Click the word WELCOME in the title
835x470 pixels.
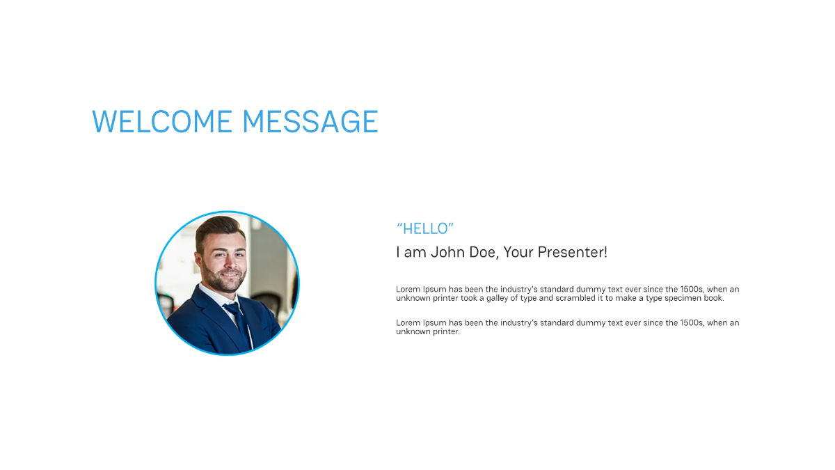(162, 122)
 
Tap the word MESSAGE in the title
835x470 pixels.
(310, 122)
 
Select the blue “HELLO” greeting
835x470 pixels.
(425, 228)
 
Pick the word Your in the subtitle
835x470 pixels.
(517, 252)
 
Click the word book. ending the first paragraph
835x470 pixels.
(714, 298)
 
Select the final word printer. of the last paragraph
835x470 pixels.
(445, 332)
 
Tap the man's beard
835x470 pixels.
(224, 282)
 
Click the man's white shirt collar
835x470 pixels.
(212, 295)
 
